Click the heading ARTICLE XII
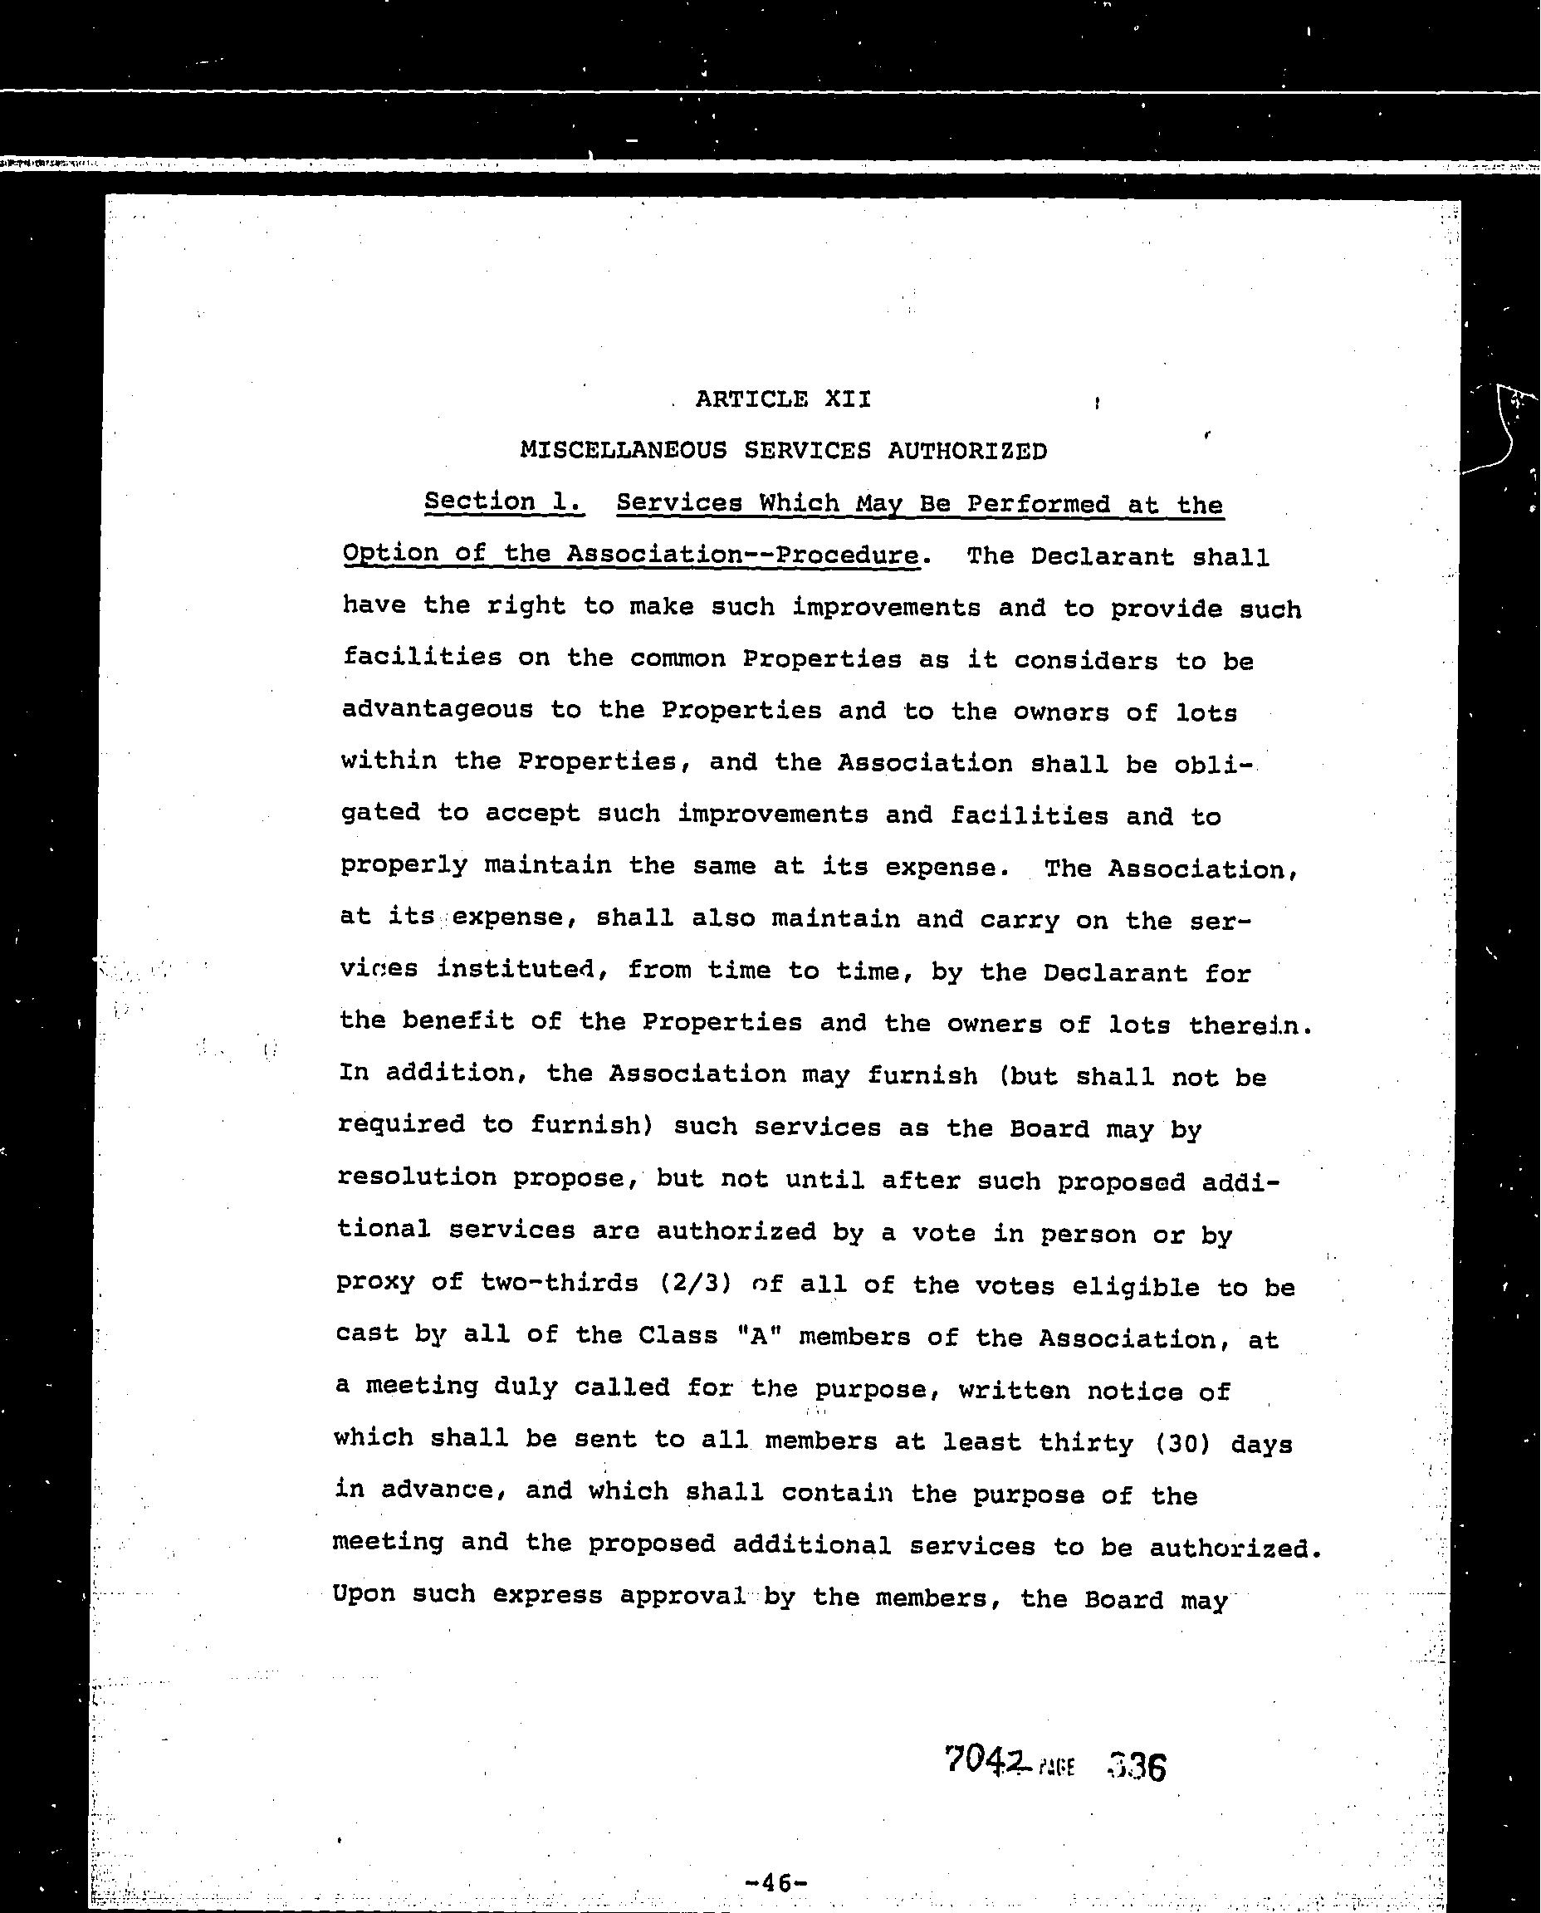click(x=782, y=399)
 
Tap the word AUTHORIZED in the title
click(x=966, y=452)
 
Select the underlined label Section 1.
click(x=503, y=502)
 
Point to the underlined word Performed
click(x=1038, y=505)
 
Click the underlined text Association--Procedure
click(x=742, y=555)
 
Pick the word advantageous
click(x=436, y=709)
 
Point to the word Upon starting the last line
click(x=363, y=1595)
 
